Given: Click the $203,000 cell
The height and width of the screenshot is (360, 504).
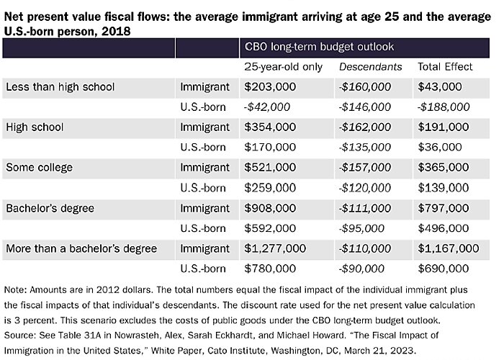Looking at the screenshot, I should (270, 87).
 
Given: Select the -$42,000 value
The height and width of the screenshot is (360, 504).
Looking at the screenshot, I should (267, 107).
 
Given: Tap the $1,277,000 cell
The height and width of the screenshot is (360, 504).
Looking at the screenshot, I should (276, 248).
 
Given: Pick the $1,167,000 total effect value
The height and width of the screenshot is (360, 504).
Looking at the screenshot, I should (448, 248).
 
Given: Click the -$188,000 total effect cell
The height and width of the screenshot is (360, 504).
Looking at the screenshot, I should (444, 107).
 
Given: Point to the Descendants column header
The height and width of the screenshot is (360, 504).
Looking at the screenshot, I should (370, 67).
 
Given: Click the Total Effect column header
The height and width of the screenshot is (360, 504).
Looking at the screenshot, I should (445, 67).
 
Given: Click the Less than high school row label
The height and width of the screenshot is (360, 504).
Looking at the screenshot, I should (60, 87).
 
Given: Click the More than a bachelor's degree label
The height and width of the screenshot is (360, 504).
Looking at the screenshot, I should (81, 248).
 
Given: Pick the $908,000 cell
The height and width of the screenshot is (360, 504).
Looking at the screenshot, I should (270, 208).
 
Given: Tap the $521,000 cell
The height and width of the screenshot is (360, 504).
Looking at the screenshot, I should (270, 168).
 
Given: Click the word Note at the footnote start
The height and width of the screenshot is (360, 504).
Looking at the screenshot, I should (15, 289).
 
